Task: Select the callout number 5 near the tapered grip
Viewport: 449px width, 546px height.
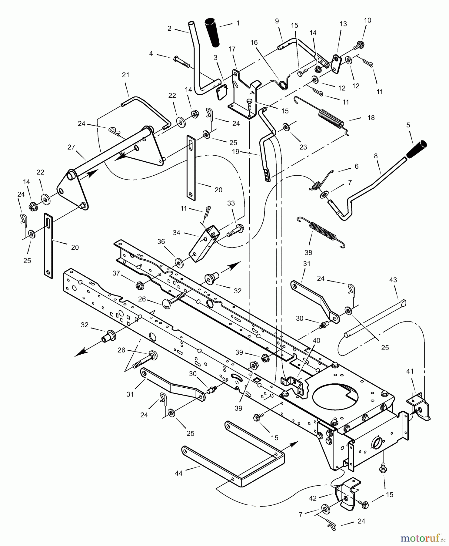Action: pos(408,125)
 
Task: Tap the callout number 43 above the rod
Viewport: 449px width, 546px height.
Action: pos(393,280)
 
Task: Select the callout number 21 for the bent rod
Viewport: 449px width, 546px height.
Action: pos(125,75)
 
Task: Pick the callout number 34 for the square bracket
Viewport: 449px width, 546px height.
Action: pos(176,233)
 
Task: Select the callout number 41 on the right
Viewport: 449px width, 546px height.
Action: pos(410,371)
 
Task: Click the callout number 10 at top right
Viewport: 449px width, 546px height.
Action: pos(367,21)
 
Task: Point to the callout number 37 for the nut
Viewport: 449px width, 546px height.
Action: pos(116,273)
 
